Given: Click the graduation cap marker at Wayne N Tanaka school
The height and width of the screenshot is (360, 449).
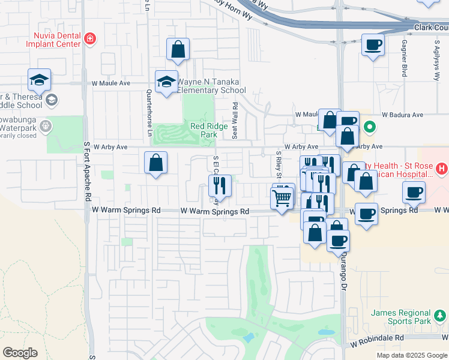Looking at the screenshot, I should (166, 82).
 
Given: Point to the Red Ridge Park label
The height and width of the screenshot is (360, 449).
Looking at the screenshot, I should (203, 130).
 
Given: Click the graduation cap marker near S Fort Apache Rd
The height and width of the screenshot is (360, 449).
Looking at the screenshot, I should (39, 80).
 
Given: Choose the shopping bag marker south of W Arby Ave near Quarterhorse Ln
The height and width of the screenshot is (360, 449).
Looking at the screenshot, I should (155, 163).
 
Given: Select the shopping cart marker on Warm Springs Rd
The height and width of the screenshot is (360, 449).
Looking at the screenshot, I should (282, 197).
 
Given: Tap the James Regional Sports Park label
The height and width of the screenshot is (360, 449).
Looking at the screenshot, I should (400, 317).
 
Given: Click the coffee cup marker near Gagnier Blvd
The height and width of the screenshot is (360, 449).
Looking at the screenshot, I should (373, 45).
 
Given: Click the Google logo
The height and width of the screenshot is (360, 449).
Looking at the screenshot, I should (20, 352).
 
